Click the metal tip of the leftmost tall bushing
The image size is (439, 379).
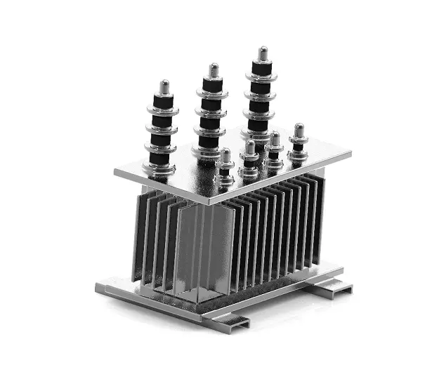[x=164, y=87]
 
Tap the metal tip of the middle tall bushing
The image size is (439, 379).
[x=214, y=70]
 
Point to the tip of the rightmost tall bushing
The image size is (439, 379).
[x=263, y=53]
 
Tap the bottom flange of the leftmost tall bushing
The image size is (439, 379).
[x=161, y=168]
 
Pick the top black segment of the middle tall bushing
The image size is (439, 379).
[x=214, y=86]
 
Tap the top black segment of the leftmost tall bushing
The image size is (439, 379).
[x=164, y=102]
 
